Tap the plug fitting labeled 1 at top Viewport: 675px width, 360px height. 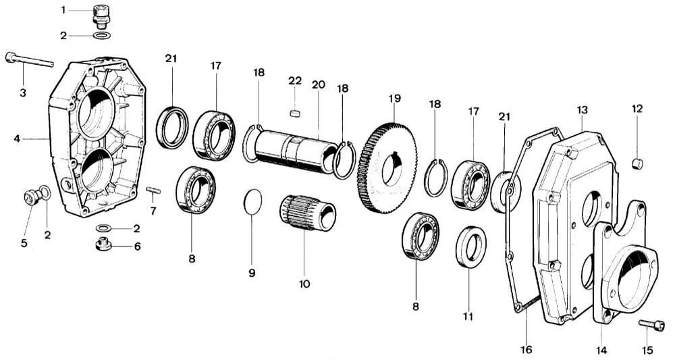[x=101, y=14]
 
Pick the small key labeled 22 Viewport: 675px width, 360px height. [x=294, y=112]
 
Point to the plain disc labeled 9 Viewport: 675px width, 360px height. [x=252, y=201]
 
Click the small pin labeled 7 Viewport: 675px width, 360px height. [x=153, y=190]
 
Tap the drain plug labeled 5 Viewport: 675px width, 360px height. [x=30, y=197]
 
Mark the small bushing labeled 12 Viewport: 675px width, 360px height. [x=637, y=163]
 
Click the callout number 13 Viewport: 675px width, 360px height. [x=583, y=109]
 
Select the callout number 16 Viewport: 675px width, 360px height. [x=526, y=349]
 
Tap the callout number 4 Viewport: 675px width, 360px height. [x=16, y=138]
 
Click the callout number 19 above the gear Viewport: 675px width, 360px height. [x=394, y=99]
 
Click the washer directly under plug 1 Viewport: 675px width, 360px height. [x=101, y=35]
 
